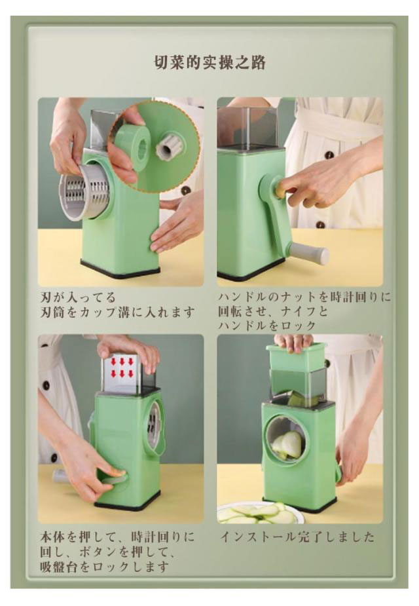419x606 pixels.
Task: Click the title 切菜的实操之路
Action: (209, 63)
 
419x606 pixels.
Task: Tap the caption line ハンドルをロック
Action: (267, 326)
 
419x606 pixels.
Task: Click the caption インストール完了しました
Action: (297, 537)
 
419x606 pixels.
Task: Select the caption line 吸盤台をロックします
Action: (104, 567)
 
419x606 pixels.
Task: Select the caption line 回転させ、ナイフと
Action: (273, 311)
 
